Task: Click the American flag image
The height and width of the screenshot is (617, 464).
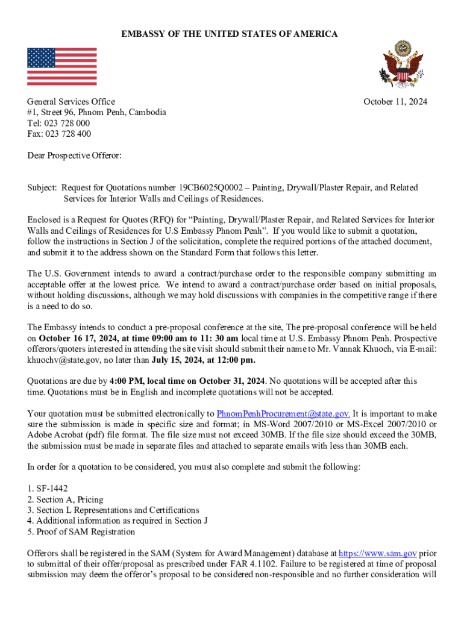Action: coord(61,66)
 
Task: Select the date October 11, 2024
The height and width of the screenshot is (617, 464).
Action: coord(395,102)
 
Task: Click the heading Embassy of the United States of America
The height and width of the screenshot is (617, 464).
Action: coord(230,34)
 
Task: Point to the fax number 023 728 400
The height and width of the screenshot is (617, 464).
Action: coord(67,134)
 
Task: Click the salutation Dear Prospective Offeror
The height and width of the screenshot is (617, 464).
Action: coord(74,156)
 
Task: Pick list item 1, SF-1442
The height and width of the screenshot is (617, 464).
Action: coord(49,489)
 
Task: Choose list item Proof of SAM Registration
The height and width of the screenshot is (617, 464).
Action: coord(81,532)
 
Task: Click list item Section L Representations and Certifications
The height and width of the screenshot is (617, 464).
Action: coord(113,510)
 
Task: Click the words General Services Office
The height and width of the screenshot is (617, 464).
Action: coord(71,102)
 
